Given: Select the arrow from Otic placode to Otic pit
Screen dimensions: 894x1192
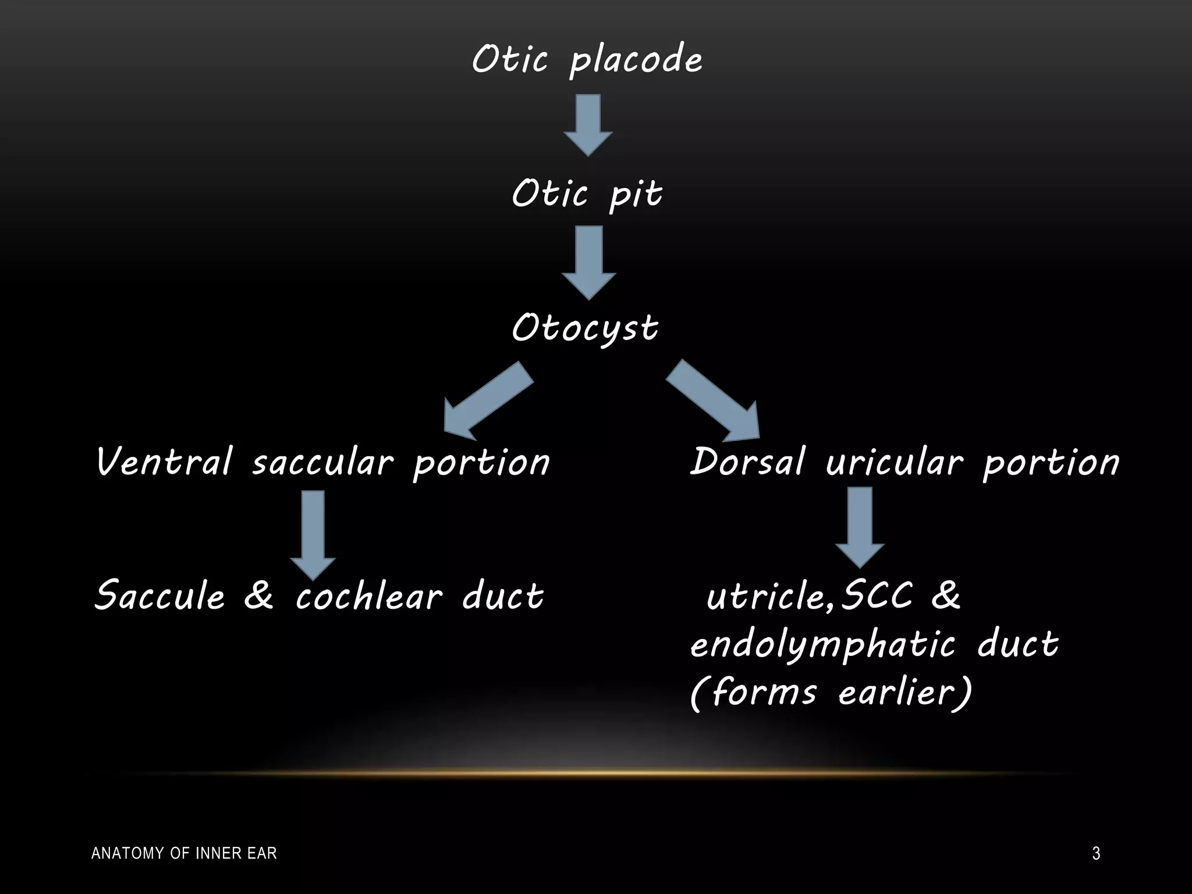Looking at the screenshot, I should coord(588,125).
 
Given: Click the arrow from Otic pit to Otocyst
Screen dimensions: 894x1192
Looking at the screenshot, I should coord(588,262).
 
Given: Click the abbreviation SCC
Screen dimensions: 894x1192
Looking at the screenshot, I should coord(878,595).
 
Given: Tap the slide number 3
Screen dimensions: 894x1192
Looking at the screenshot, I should coord(1096,854).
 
